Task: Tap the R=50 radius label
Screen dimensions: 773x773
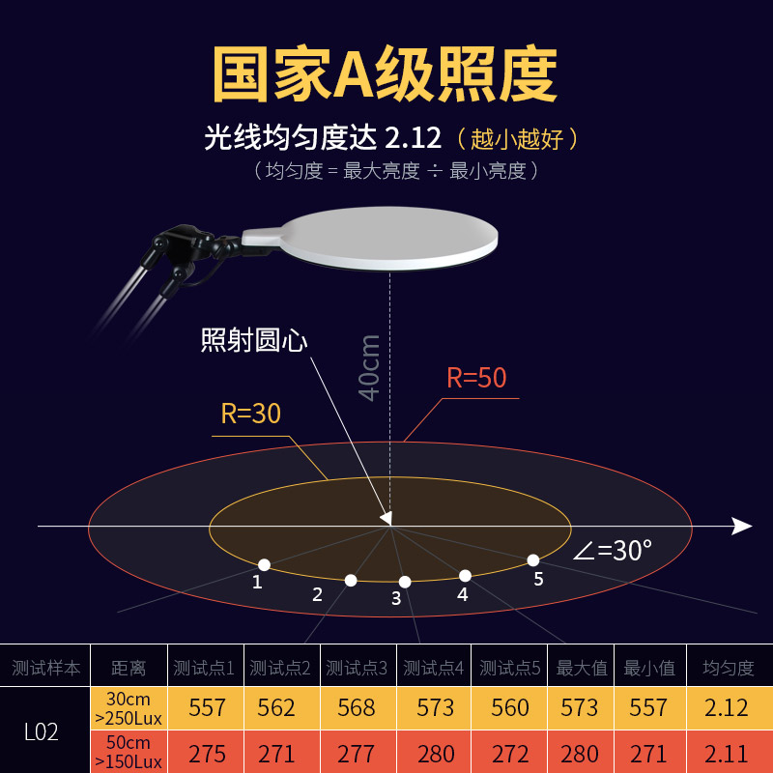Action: pyautogui.click(x=476, y=378)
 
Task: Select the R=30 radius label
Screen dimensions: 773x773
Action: pyautogui.click(x=250, y=414)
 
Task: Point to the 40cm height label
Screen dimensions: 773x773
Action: pyautogui.click(x=369, y=367)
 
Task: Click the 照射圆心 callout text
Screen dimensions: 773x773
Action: pyautogui.click(x=254, y=340)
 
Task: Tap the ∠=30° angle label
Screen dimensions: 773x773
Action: pyautogui.click(x=613, y=551)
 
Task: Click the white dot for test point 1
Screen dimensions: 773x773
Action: pyautogui.click(x=264, y=564)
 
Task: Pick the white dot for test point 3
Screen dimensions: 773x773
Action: pyautogui.click(x=405, y=582)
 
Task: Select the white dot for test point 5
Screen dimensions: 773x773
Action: pyautogui.click(x=532, y=559)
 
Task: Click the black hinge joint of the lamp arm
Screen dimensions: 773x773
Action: pyautogui.click(x=176, y=242)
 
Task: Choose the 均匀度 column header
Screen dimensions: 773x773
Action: pyautogui.click(x=727, y=668)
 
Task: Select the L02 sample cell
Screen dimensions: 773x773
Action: pyautogui.click(x=42, y=731)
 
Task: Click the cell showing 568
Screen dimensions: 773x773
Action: pyautogui.click(x=357, y=707)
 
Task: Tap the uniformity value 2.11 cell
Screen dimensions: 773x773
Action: pyautogui.click(x=727, y=753)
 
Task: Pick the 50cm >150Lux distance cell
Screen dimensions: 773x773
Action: pyautogui.click(x=128, y=753)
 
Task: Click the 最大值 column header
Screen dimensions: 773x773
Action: pyautogui.click(x=580, y=668)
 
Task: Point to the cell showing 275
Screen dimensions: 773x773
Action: pyautogui.click(x=207, y=753)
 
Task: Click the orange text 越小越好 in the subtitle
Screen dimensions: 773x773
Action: pyautogui.click(x=517, y=138)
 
